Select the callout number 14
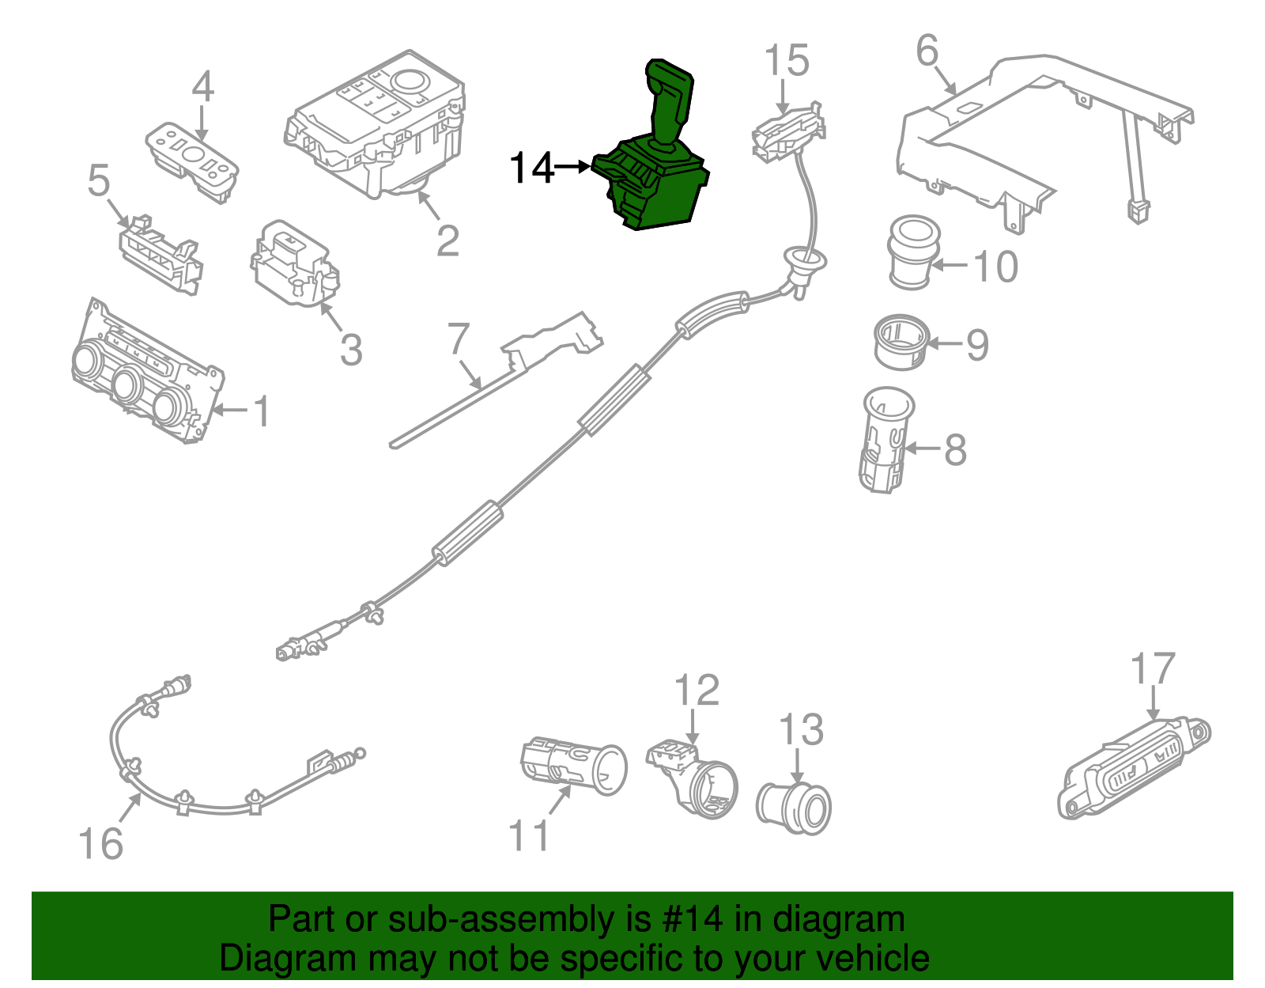click(x=531, y=168)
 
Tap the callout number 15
click(x=787, y=61)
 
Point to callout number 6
click(x=927, y=51)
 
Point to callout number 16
click(x=101, y=844)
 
